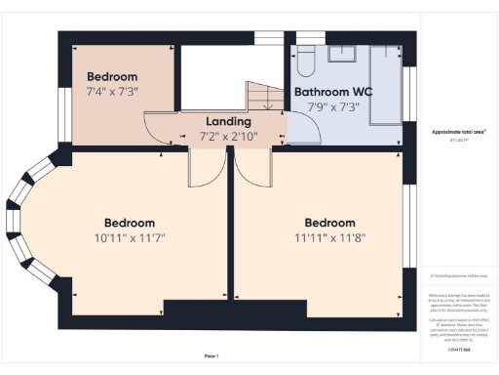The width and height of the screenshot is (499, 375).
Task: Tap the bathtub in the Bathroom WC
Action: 385,84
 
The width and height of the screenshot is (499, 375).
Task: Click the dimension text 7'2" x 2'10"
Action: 228,136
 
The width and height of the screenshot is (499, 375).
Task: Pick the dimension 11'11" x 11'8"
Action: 329,238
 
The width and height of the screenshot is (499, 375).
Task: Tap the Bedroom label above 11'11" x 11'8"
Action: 329,223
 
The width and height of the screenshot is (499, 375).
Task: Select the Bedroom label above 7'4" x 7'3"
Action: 113,76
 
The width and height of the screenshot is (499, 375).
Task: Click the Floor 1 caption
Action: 211,354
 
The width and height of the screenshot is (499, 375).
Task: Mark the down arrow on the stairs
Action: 268,101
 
